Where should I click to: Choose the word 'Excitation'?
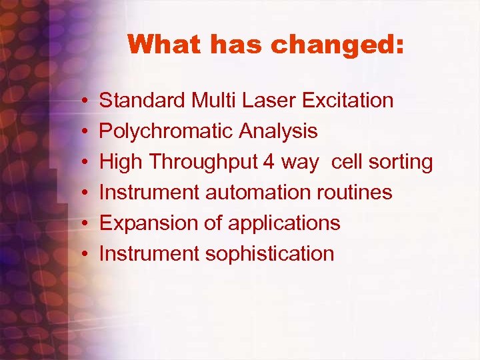tap(347, 101)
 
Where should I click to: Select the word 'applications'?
tap(284, 223)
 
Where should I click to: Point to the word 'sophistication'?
tap(270, 254)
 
